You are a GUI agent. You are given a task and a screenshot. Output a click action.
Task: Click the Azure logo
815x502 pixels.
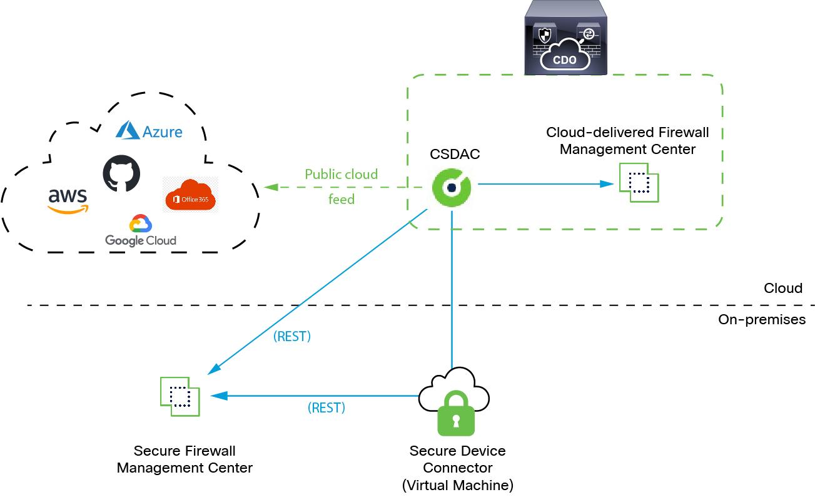pyautogui.click(x=149, y=131)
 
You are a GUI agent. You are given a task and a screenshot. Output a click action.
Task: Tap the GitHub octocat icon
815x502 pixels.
pyautogui.click(x=121, y=173)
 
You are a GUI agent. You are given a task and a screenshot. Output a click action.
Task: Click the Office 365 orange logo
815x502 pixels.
pyautogui.click(x=190, y=195)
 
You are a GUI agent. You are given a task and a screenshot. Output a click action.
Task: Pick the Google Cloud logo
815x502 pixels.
pyautogui.click(x=140, y=232)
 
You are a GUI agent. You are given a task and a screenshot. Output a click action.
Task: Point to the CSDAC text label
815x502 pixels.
pyautogui.click(x=455, y=154)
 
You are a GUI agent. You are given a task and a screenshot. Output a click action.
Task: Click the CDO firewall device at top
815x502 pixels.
pyautogui.click(x=566, y=38)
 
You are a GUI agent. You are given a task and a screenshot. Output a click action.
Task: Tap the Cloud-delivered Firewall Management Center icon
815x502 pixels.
pyautogui.click(x=639, y=183)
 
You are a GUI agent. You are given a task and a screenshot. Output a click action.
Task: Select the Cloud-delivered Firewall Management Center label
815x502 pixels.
pyautogui.click(x=627, y=141)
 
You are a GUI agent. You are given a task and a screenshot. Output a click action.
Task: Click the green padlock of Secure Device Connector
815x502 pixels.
pyautogui.click(x=455, y=414)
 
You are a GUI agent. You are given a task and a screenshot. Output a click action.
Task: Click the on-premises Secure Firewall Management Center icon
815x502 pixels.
pyautogui.click(x=180, y=396)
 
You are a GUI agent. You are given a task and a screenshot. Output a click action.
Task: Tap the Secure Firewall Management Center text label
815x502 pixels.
pyautogui.click(x=185, y=459)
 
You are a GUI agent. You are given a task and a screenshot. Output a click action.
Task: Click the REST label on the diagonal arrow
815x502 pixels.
pyautogui.click(x=292, y=336)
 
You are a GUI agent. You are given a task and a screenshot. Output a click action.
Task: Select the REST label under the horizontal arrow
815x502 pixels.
pyautogui.click(x=326, y=408)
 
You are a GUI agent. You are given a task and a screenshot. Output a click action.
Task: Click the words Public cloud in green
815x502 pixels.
pyautogui.click(x=341, y=174)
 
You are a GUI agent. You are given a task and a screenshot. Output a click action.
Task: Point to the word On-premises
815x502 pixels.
pyautogui.click(x=762, y=319)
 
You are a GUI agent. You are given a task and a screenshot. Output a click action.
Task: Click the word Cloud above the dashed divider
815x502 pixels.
pyautogui.click(x=782, y=288)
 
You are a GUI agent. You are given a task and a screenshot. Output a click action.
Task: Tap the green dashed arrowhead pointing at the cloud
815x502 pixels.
pyautogui.click(x=271, y=187)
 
